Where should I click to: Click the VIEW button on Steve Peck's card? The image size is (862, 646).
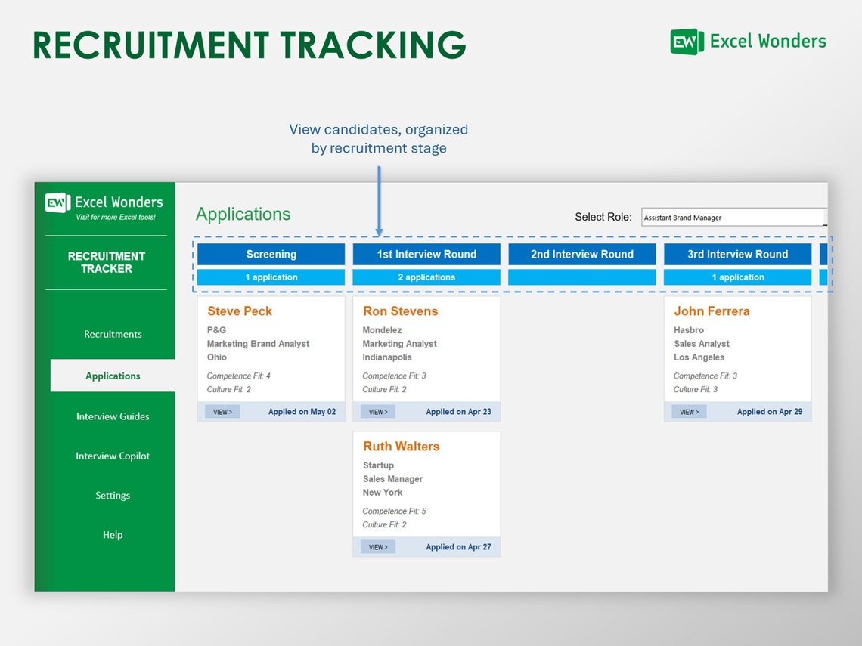point(222,412)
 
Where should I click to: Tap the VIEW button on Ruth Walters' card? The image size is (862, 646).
point(378,547)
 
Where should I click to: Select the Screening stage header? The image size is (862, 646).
point(271,255)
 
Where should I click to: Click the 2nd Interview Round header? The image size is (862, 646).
point(581,255)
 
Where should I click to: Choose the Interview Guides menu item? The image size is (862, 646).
point(113,416)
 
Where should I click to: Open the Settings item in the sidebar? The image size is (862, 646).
point(113,496)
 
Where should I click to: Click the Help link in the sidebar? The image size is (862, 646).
point(113,535)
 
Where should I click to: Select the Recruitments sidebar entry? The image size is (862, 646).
point(113,334)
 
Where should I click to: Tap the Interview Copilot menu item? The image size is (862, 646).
point(113,456)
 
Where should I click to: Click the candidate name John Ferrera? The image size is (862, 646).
point(712,311)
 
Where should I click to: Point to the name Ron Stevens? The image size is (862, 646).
point(400,311)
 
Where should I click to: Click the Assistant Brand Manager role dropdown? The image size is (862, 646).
point(733,218)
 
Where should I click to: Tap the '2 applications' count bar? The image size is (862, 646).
point(426,277)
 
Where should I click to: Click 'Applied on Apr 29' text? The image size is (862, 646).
point(770,412)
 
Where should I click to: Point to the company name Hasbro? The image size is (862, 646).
point(689,330)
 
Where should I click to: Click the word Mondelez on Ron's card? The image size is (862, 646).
point(382,330)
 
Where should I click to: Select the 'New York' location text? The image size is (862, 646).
point(383,493)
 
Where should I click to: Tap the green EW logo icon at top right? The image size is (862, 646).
point(687,42)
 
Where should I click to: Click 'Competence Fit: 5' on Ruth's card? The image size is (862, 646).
point(394,512)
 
